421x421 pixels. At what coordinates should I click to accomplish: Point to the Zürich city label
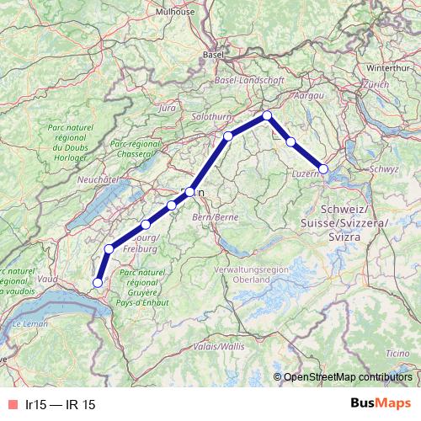point(376,85)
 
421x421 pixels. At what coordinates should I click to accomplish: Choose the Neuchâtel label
point(95,180)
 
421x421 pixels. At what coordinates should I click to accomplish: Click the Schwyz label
point(383,168)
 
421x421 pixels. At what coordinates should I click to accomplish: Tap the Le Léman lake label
point(31,323)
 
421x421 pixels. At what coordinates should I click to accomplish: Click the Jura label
point(167,109)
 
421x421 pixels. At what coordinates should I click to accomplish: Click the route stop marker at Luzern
point(323,168)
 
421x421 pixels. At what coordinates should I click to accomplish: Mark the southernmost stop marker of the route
point(98,283)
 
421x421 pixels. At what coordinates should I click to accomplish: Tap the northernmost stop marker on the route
point(267,115)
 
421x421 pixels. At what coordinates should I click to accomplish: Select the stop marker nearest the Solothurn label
point(228,136)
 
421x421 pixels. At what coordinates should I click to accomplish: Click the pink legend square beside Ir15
point(11,404)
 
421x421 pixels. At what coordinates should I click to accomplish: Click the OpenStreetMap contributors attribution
point(348,376)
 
